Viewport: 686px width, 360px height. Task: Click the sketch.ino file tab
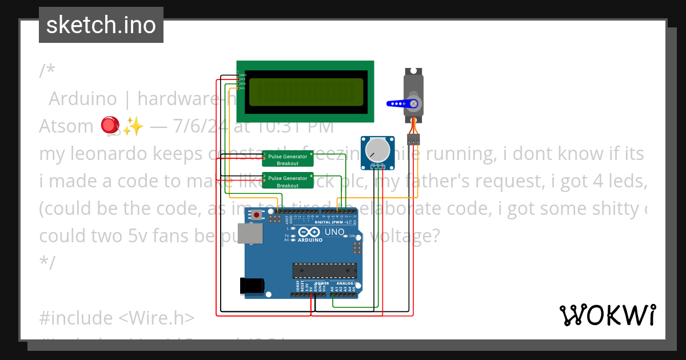point(101,25)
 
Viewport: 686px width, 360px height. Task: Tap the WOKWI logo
point(607,315)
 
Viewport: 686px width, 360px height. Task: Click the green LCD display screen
point(306,93)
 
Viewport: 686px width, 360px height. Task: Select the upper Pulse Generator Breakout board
point(288,159)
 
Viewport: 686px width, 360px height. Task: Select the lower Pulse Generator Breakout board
point(288,181)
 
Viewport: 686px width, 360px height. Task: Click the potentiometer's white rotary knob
point(376,150)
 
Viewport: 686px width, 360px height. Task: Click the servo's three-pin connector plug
point(413,139)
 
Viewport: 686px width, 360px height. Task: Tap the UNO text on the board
point(335,233)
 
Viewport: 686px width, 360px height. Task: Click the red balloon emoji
point(109,125)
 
